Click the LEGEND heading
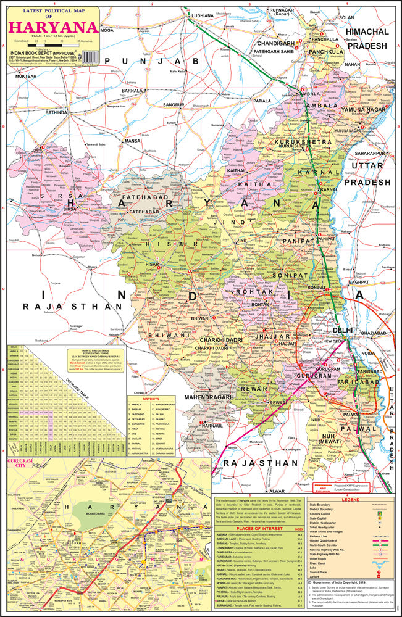point(350,499)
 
